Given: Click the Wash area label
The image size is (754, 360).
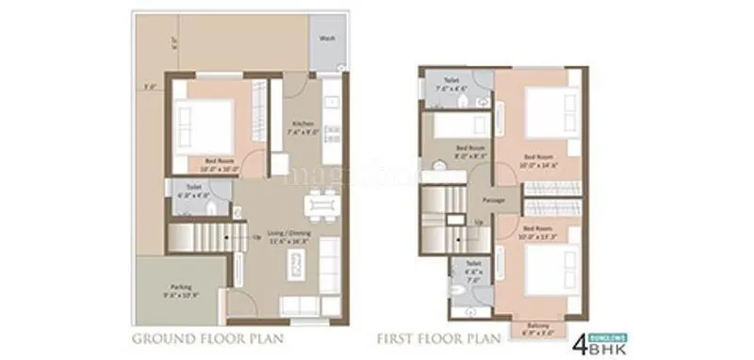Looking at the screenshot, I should [327, 39].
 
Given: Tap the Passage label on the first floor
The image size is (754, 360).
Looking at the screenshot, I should [494, 201].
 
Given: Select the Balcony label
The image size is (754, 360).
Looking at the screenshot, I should [540, 330].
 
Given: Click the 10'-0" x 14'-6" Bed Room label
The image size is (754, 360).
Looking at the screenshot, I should [542, 160].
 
